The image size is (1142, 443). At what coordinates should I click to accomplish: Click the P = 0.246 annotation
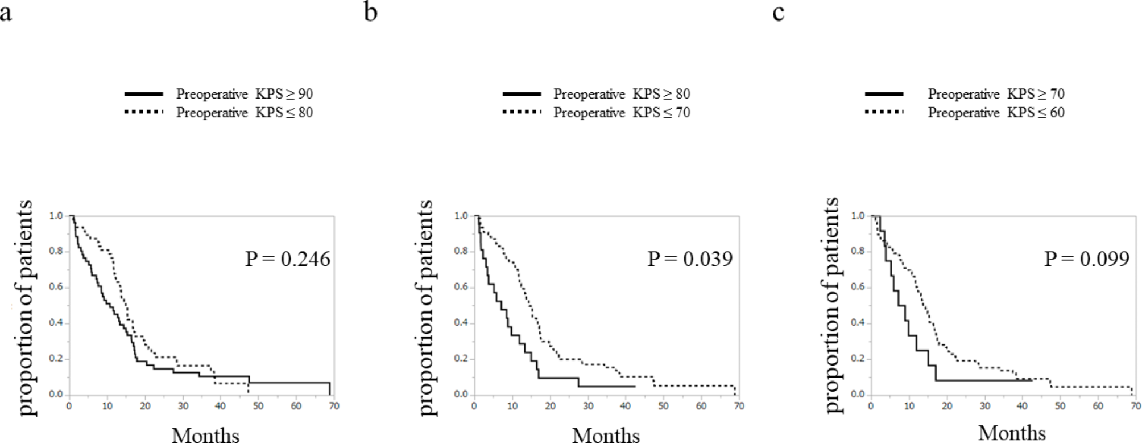pyautogui.click(x=287, y=259)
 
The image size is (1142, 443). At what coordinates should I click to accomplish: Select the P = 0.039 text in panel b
pyautogui.click(x=690, y=259)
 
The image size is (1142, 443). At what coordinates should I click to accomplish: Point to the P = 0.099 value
pyautogui.click(x=1087, y=259)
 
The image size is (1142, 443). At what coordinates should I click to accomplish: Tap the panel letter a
pyautogui.click(x=6, y=13)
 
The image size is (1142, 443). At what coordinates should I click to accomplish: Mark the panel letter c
pyautogui.click(x=779, y=13)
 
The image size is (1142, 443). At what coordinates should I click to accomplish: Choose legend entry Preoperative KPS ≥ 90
pyautogui.click(x=245, y=94)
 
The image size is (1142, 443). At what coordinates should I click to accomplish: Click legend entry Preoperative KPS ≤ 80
pyautogui.click(x=245, y=113)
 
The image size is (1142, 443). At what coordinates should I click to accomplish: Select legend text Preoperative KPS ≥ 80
pyautogui.click(x=622, y=94)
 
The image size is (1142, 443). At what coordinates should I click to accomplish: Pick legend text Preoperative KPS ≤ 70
pyautogui.click(x=622, y=113)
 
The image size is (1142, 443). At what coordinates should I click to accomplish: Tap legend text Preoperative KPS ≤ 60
pyautogui.click(x=996, y=113)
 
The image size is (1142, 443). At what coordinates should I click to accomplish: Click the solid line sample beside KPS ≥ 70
pyautogui.click(x=884, y=93)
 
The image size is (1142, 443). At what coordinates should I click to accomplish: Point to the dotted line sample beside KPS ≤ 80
pyautogui.click(x=144, y=112)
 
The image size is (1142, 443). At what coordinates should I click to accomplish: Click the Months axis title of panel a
pyautogui.click(x=205, y=435)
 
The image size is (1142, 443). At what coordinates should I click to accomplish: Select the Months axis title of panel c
pyautogui.click(x=1012, y=433)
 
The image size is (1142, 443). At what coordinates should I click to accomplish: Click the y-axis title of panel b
pyautogui.click(x=424, y=308)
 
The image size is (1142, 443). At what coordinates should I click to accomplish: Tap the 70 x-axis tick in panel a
pyautogui.click(x=334, y=406)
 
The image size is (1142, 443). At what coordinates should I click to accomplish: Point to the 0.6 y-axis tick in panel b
pyautogui.click(x=461, y=287)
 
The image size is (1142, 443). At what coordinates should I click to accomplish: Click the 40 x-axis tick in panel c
pyautogui.click(x=1022, y=406)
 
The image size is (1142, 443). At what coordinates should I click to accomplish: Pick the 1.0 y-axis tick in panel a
pyautogui.click(x=56, y=216)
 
